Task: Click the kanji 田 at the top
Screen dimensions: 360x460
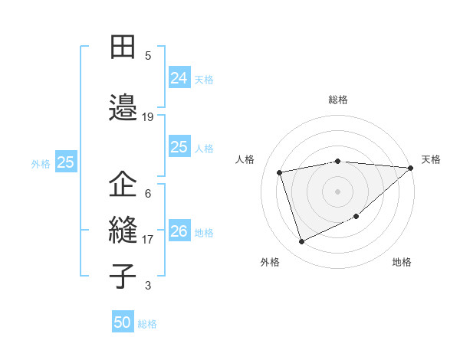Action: coord(123,47)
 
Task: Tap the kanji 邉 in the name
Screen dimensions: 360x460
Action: coord(123,106)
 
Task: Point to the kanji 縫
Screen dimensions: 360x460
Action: coord(123,230)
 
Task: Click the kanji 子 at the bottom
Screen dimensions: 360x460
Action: coord(123,276)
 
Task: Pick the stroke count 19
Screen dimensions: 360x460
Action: coord(148,117)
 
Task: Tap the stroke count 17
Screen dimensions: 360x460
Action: coord(148,240)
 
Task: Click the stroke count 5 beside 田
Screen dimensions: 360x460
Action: coord(148,55)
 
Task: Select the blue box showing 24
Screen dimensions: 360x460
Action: coord(179,77)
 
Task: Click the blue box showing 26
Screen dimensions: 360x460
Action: coord(179,231)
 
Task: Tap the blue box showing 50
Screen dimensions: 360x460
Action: coord(123,322)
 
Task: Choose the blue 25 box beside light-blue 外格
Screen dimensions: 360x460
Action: coord(65,162)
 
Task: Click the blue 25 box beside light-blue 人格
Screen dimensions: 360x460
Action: coord(179,147)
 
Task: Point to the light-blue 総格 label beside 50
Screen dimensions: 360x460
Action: coord(148,324)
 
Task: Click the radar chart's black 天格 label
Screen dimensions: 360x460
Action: coord(431,159)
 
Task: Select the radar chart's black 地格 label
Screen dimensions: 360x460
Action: coord(402,262)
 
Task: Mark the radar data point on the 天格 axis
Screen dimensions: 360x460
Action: coord(410,168)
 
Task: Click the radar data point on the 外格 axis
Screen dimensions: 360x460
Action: coord(301,242)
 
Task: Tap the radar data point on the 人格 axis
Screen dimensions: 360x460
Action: coord(281,172)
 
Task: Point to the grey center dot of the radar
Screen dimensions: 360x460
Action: coord(337,191)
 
